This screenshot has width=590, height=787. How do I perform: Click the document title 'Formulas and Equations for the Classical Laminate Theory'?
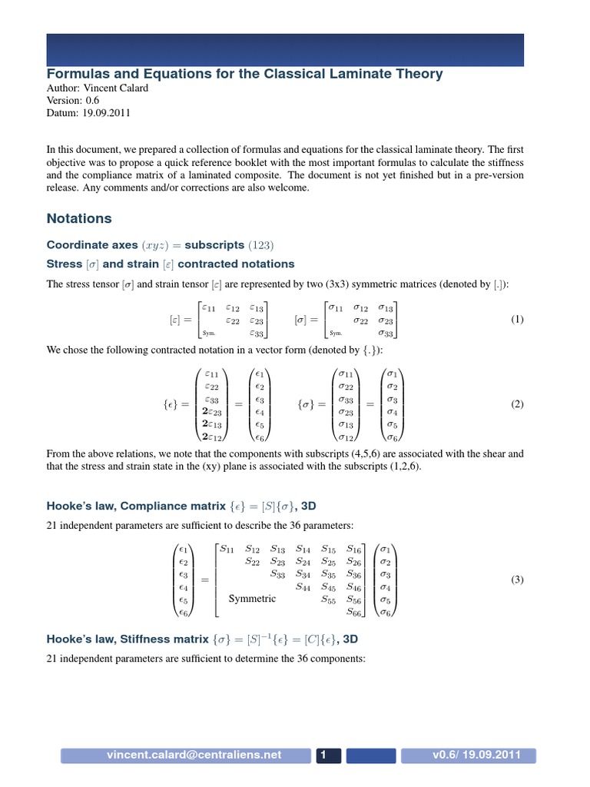point(244,74)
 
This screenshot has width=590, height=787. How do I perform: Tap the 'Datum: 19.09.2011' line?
point(89,113)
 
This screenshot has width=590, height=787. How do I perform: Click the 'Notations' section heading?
point(79,218)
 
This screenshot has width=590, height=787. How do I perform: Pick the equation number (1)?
point(516,320)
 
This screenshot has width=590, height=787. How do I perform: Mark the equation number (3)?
point(516,580)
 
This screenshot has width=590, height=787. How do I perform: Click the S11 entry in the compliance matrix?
point(228,549)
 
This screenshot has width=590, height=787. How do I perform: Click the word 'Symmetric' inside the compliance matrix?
point(252,598)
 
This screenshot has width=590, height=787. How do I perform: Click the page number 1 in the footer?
point(324,755)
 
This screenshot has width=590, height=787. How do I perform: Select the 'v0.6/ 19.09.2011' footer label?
point(476,755)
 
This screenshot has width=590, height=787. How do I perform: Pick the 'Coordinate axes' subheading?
point(92,245)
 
